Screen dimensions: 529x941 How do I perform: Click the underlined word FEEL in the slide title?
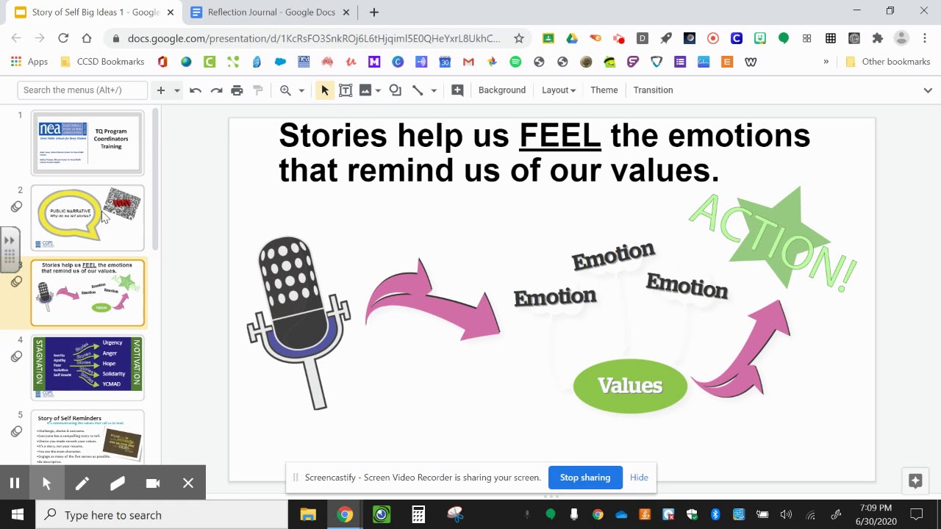point(559,136)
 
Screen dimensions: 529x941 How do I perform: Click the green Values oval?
point(630,386)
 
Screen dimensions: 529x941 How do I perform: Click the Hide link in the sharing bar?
point(639,478)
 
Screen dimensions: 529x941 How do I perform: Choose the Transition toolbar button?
point(653,90)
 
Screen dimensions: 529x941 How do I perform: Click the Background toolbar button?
point(501,90)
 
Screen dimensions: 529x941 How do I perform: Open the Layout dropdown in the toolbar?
point(558,90)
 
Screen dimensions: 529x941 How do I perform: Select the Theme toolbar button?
point(604,90)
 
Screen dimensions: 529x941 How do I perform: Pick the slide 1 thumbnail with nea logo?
point(87,142)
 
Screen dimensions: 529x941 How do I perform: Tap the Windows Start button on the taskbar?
point(18,514)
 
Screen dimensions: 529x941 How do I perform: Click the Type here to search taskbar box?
point(162,514)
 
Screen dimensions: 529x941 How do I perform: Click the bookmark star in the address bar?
point(518,38)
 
